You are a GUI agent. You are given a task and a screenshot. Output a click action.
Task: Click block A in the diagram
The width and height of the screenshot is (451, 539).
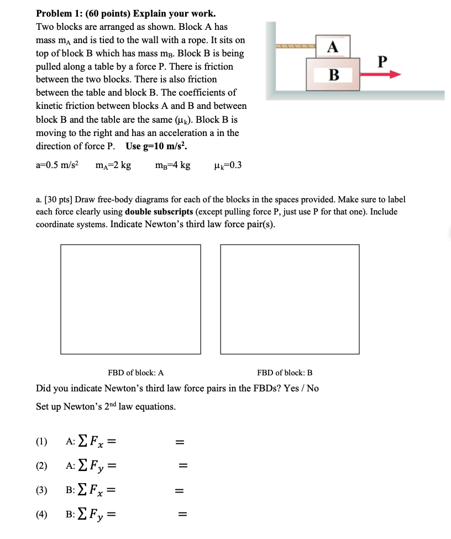333,47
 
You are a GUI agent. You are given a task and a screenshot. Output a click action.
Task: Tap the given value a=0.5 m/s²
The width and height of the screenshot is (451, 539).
57,165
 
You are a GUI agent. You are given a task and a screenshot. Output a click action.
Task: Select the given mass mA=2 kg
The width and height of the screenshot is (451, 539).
113,165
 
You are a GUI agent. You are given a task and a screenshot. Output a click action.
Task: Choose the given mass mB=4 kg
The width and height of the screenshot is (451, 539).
173,165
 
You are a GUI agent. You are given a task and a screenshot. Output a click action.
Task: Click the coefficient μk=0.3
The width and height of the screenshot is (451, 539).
227,165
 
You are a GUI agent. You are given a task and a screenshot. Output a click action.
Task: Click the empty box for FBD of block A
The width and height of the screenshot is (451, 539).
130,299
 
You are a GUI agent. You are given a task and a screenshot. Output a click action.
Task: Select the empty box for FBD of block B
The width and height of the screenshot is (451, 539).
290,299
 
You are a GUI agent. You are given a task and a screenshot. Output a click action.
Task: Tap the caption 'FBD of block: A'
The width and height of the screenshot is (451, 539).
135,373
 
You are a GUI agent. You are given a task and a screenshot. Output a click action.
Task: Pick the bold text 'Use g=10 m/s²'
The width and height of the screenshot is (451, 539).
157,146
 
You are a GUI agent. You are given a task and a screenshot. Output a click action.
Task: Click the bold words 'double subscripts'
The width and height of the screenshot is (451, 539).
159,211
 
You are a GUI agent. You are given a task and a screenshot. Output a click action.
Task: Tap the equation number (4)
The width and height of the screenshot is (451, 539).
42,515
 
